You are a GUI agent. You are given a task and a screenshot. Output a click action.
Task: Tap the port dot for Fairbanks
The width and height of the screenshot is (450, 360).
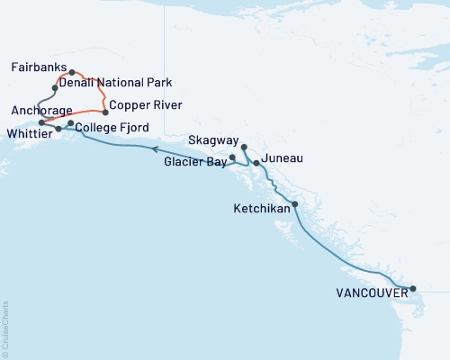(72, 72)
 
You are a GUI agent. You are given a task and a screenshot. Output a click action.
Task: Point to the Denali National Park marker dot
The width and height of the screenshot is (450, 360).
(56, 88)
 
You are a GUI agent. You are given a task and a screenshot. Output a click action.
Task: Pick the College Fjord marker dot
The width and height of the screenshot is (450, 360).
(70, 123)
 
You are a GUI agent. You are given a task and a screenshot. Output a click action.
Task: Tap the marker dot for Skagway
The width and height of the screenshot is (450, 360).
(244, 146)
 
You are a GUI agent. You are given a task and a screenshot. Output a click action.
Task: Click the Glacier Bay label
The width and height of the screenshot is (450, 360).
(195, 163)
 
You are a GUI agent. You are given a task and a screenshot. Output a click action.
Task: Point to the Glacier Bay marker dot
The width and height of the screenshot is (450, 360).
(232, 157)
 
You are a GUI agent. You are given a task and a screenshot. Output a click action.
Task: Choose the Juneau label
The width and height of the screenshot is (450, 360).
(282, 158)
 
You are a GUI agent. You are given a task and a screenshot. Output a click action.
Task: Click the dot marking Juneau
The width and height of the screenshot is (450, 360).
(256, 163)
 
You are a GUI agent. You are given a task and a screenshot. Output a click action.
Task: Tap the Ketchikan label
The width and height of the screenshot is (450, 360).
(262, 208)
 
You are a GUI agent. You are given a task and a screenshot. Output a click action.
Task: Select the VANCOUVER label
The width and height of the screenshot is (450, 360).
(369, 292)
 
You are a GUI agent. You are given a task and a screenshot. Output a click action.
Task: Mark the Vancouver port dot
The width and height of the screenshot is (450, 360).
(413, 289)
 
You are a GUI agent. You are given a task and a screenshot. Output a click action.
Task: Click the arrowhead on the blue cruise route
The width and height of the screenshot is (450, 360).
(155, 149)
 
